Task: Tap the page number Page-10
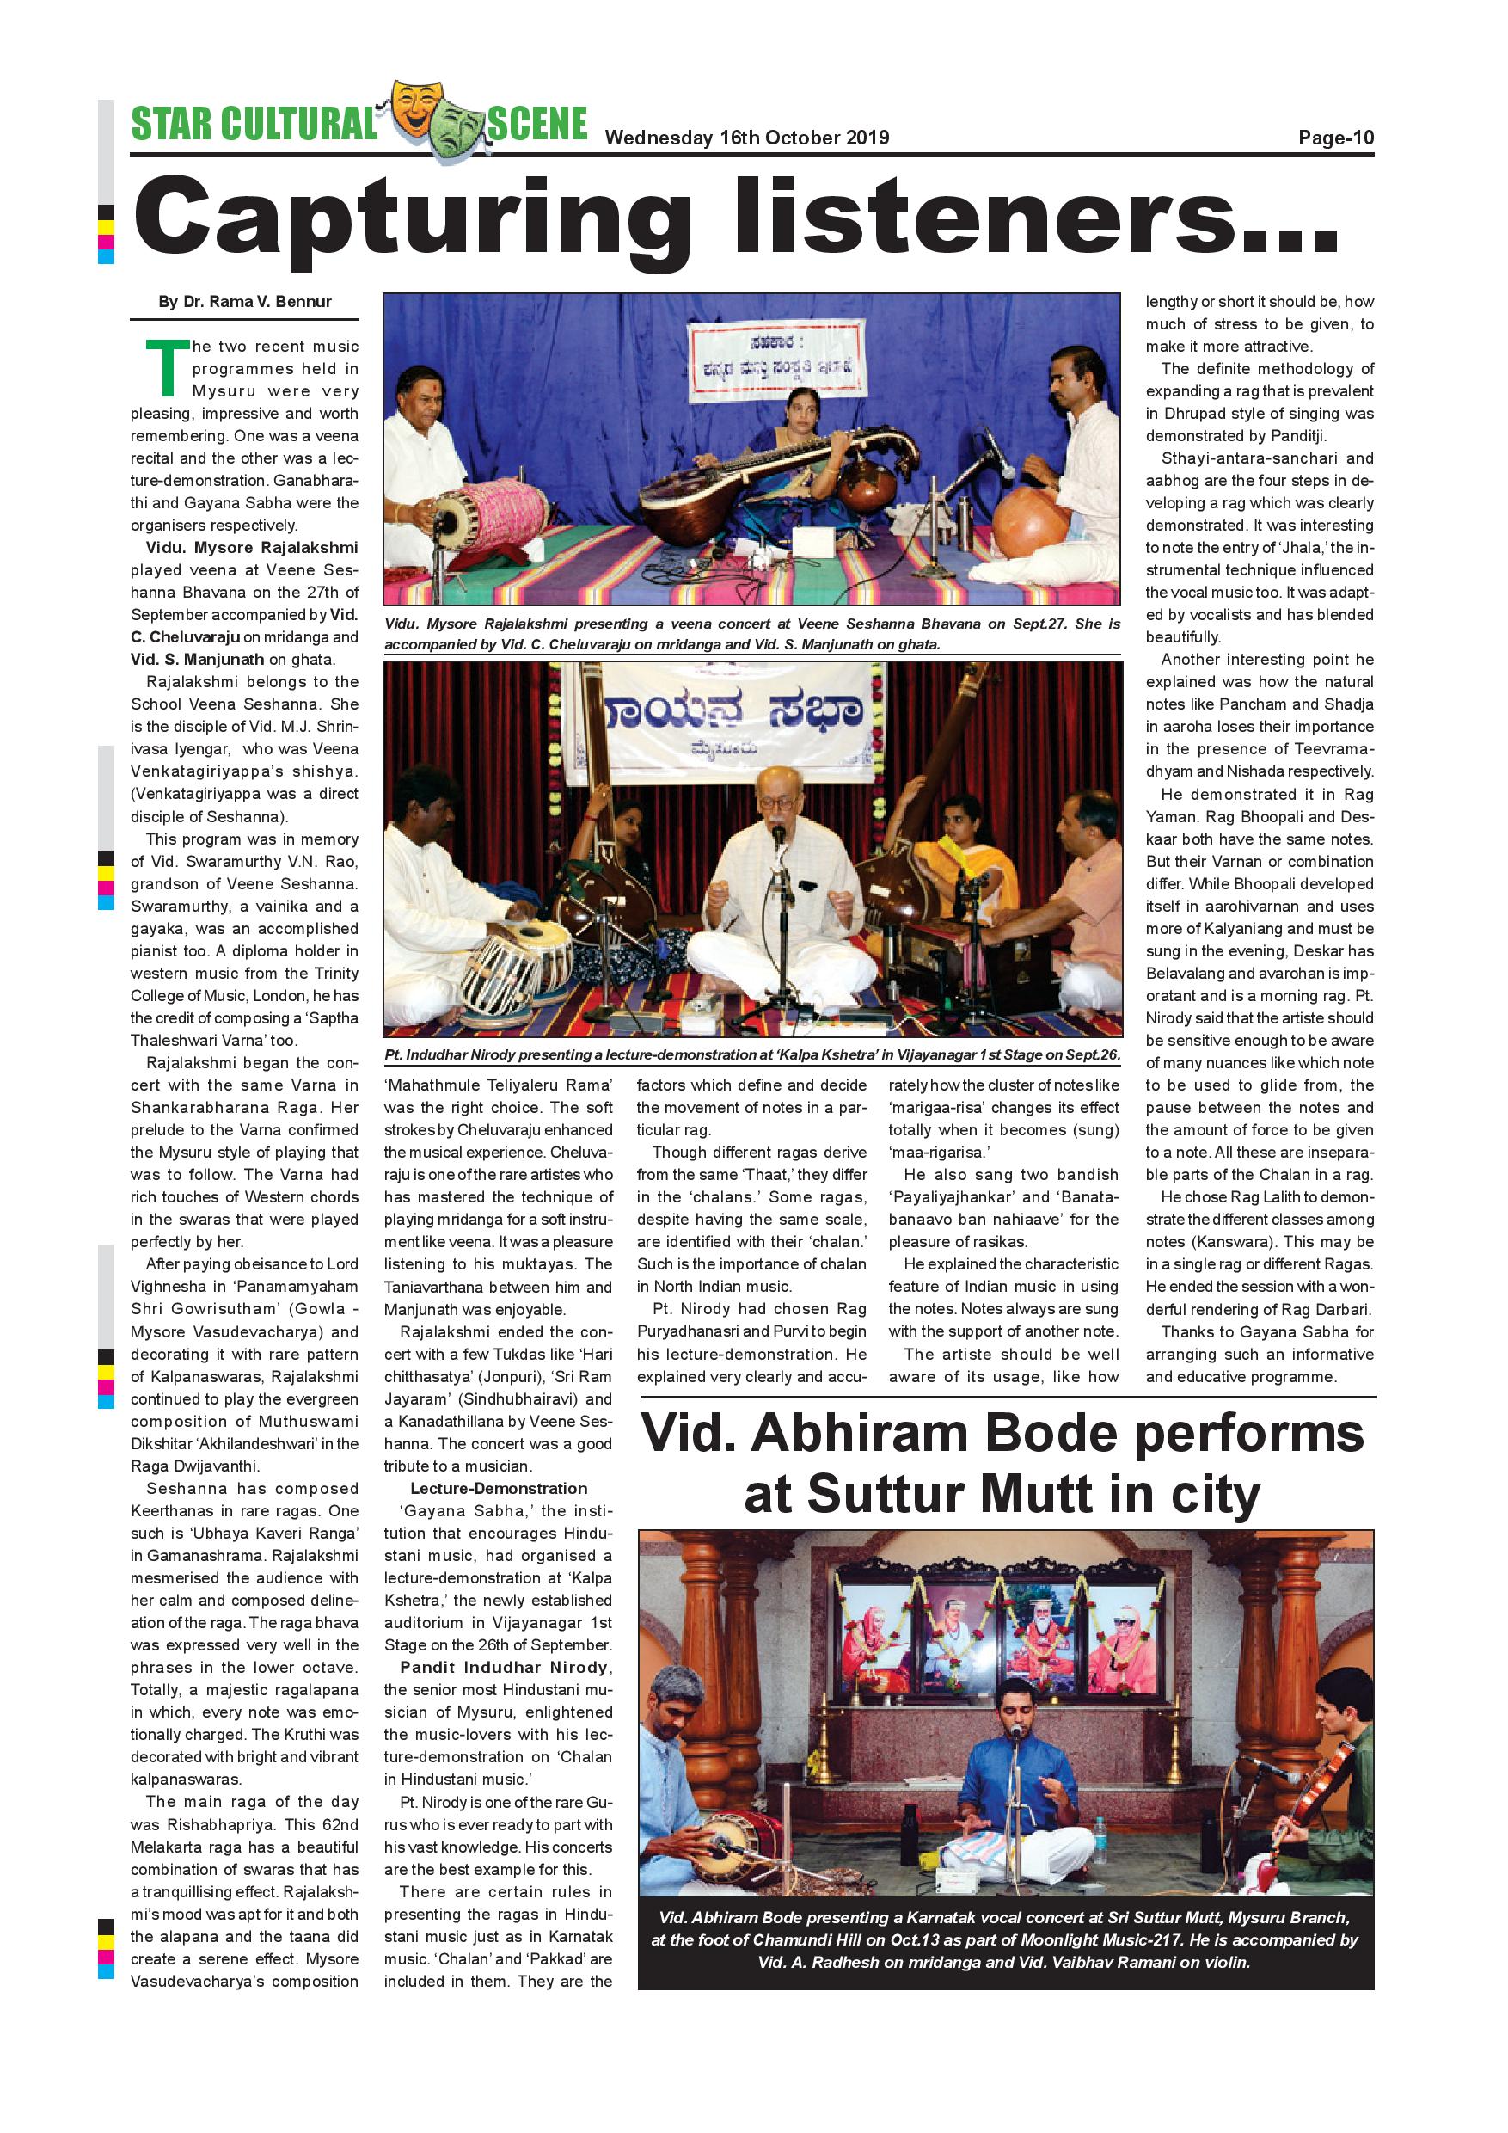[x=1335, y=138]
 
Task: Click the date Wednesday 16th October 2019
[x=746, y=138]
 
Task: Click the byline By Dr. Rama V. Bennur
[x=244, y=302]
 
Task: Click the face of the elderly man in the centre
[x=776, y=800]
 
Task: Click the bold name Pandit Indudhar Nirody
[x=504, y=1668]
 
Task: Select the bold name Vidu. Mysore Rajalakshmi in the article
[x=251, y=548]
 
